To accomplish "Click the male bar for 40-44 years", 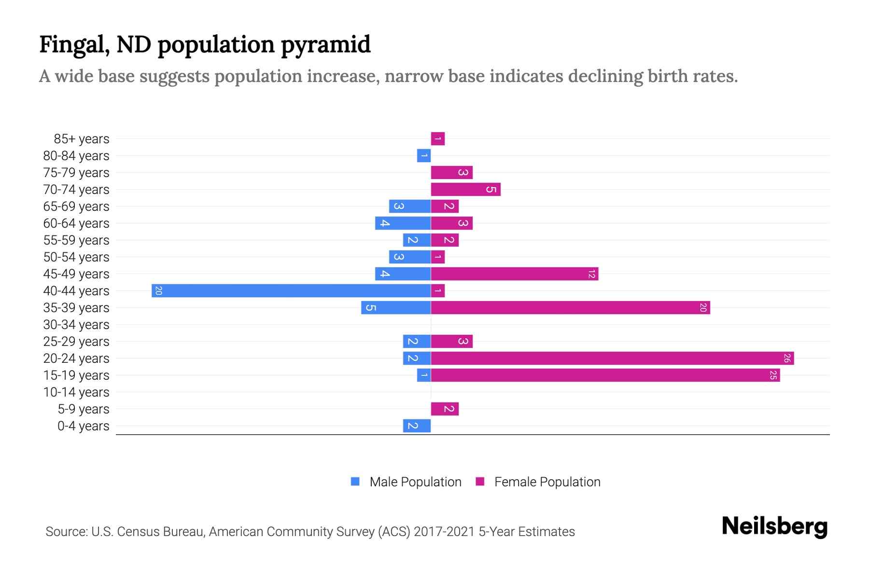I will click(x=291, y=290).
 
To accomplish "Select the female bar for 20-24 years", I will click(x=612, y=358).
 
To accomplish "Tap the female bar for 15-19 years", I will click(x=605, y=375).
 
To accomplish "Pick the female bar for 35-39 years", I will click(x=570, y=307).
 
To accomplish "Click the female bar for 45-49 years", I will click(x=514, y=274).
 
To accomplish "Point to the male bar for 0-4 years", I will click(x=417, y=426).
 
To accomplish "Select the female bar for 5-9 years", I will click(x=445, y=409).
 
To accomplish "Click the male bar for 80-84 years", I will click(x=423, y=155).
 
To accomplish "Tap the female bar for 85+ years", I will click(x=438, y=138).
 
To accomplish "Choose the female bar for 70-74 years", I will click(x=465, y=189).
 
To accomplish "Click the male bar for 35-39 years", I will click(x=396, y=307).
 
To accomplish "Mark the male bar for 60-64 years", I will click(x=403, y=223).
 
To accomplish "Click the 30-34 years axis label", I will click(x=76, y=325).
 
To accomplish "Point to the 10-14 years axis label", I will click(x=76, y=392).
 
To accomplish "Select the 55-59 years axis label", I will click(x=76, y=240).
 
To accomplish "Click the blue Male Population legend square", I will click(x=355, y=482).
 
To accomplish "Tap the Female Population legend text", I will click(x=547, y=482).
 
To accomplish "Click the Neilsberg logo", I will click(x=774, y=526).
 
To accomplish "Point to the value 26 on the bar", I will click(x=787, y=358).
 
